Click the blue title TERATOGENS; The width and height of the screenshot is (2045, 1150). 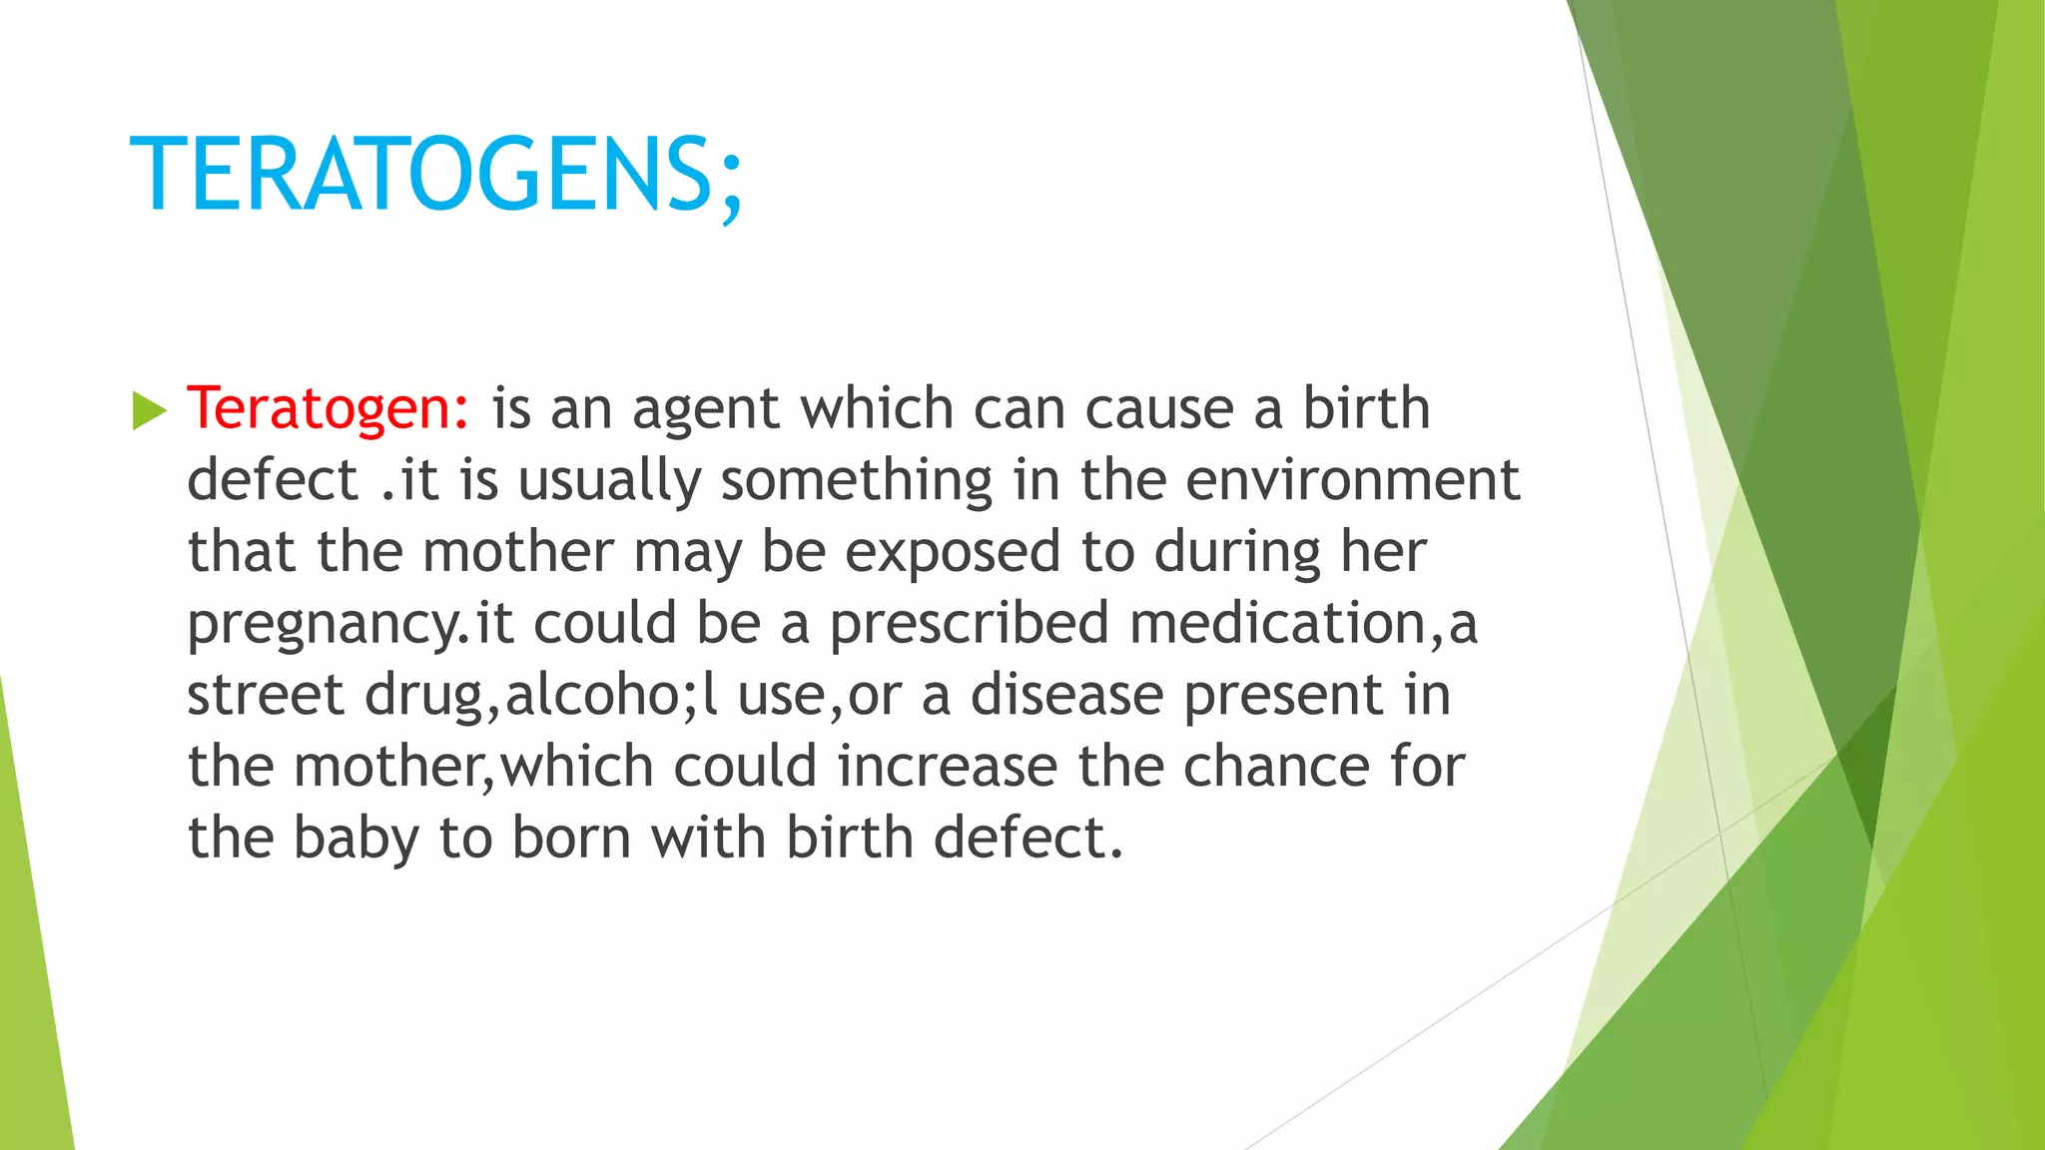pos(436,176)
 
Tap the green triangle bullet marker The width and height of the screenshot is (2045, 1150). pos(149,410)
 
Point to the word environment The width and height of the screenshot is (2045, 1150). pos(1352,481)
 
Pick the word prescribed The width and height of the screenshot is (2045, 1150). pos(969,624)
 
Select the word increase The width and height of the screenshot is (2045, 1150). pos(947,768)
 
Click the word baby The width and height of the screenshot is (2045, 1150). pos(355,840)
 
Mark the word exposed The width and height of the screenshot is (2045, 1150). pos(953,553)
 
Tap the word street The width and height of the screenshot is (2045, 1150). pos(265,696)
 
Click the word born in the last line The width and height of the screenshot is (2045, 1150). pos(571,840)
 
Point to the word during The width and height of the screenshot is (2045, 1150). pos(1237,553)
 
